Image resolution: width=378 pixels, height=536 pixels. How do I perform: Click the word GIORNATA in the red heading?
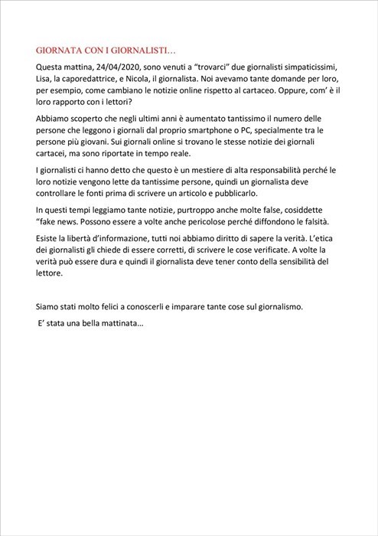[61, 50]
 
